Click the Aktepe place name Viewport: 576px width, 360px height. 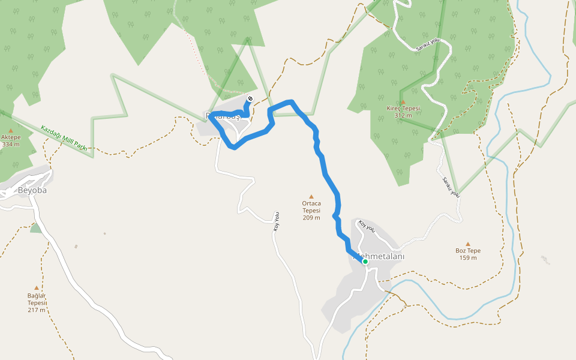click(11, 137)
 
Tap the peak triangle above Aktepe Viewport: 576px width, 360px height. click(11, 130)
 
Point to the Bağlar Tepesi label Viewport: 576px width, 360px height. click(37, 299)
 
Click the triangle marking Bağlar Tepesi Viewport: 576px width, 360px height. click(37, 288)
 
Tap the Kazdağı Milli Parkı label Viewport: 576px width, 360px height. click(64, 138)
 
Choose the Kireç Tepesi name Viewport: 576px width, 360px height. click(403, 109)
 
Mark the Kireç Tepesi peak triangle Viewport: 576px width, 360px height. click(403, 101)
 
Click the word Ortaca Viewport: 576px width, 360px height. click(311, 203)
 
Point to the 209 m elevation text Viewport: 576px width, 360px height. click(311, 217)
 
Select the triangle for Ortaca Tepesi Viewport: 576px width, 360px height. click(311, 196)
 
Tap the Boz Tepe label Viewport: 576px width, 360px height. click(468, 251)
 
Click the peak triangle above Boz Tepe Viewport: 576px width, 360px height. click(468, 244)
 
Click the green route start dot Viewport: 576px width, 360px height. click(365, 261)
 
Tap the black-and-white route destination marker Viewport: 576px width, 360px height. click(250, 98)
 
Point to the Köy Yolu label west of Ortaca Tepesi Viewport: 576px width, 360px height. click(277, 221)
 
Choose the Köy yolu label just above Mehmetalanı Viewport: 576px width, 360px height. click(366, 227)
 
